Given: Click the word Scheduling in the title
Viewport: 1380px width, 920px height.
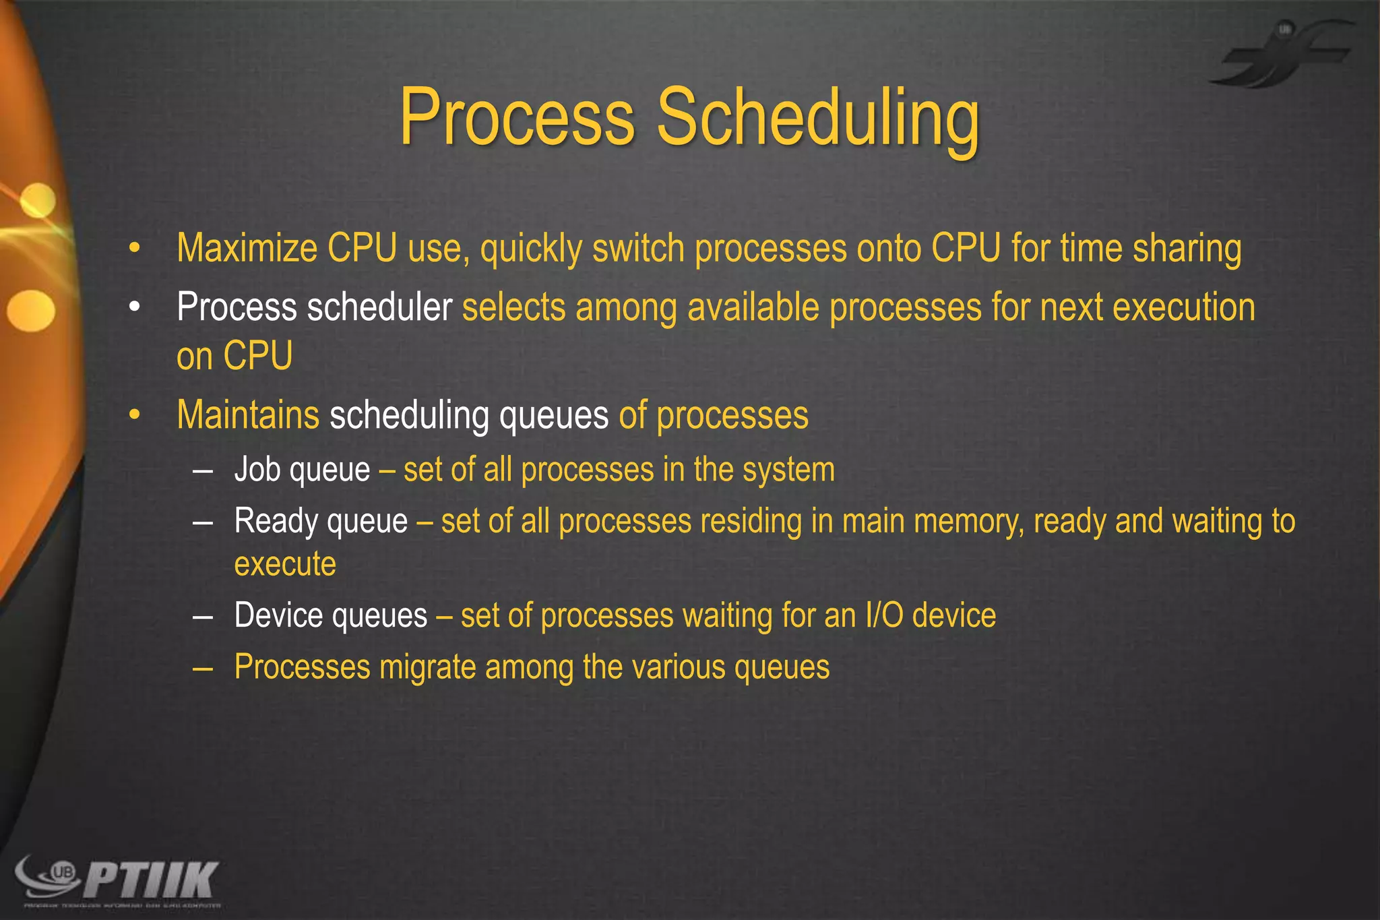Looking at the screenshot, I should (818, 118).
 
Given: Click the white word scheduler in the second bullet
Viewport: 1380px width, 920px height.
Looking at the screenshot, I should (379, 307).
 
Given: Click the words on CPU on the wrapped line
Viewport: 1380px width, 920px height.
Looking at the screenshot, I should (234, 356).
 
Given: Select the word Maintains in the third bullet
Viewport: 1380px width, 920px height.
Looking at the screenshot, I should (248, 415).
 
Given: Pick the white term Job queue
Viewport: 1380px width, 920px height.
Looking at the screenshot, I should (302, 470).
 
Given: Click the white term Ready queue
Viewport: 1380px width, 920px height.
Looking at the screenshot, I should (321, 522).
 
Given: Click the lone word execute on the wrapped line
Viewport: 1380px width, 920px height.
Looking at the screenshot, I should (285, 564).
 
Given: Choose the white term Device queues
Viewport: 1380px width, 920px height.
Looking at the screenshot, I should (330, 615).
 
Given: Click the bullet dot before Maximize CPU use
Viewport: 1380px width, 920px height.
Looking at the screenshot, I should (135, 249).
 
